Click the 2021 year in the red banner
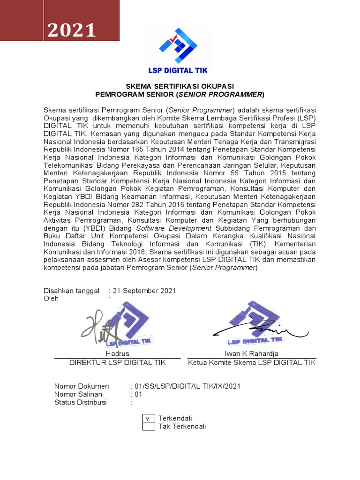[72, 30]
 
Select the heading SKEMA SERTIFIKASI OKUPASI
[180, 86]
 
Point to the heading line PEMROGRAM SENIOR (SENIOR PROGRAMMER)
[180, 94]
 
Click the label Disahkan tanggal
[71, 291]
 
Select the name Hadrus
[117, 353]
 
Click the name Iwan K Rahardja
[251, 353]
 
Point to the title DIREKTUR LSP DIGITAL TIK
[117, 362]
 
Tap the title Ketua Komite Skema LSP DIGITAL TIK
[252, 362]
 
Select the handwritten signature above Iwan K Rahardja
[253, 328]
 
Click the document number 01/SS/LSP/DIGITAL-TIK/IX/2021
[187, 386]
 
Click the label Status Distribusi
[80, 402]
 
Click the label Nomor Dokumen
[82, 386]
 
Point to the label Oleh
[51, 299]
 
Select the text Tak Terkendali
[182, 427]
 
